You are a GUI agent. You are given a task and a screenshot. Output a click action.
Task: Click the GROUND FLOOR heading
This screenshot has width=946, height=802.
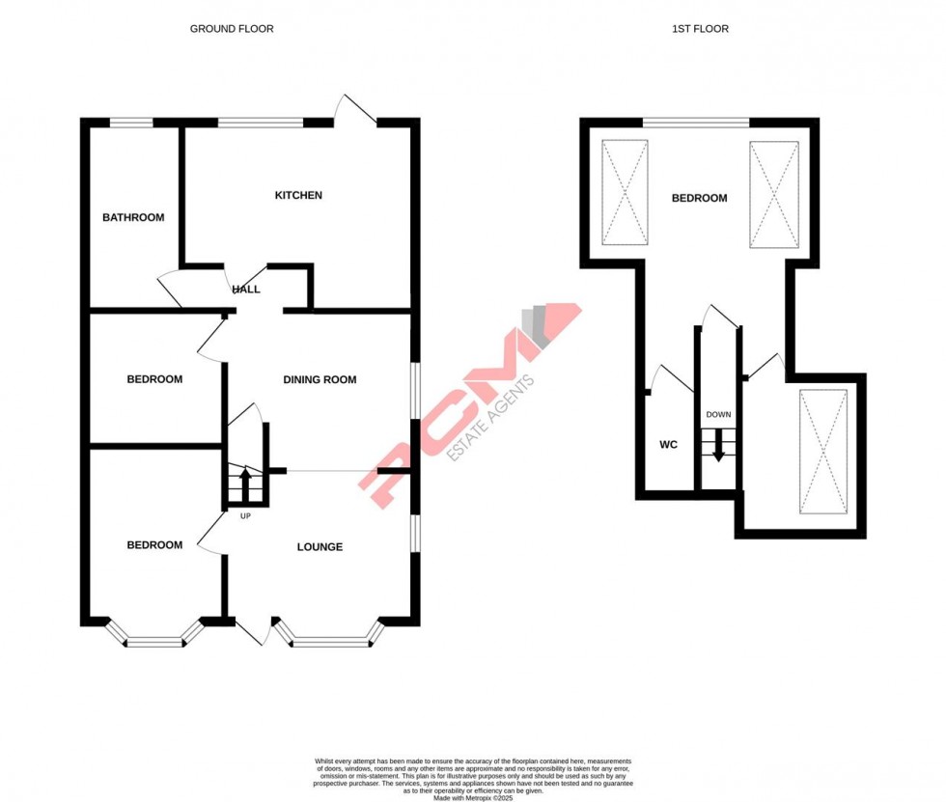232,29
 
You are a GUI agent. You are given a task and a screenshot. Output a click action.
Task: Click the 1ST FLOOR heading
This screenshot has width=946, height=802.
700,29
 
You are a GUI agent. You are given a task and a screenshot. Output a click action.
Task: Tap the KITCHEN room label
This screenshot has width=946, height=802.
298,196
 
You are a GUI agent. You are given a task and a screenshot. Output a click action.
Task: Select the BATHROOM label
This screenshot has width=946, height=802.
133,217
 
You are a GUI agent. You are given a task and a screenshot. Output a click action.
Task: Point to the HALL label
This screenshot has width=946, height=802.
246,289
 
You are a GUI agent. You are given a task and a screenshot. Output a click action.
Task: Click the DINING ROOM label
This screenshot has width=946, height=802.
320,379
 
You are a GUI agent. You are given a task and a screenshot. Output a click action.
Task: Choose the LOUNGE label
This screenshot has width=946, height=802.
320,546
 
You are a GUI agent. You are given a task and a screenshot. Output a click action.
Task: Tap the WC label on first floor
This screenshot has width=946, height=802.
669,445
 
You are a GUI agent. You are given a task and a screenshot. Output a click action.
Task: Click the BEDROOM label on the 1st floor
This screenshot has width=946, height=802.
699,198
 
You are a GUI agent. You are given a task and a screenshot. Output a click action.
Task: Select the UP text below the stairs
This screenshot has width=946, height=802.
245,515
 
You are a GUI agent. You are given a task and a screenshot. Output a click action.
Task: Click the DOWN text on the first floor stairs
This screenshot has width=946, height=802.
718,415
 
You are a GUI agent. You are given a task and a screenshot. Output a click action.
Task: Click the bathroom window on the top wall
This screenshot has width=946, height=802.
131,122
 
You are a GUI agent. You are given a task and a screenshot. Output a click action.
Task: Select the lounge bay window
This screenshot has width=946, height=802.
328,637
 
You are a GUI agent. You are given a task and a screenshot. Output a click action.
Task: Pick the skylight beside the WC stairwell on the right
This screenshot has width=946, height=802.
823,452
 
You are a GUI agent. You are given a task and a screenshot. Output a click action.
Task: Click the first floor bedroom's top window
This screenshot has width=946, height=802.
696,122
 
